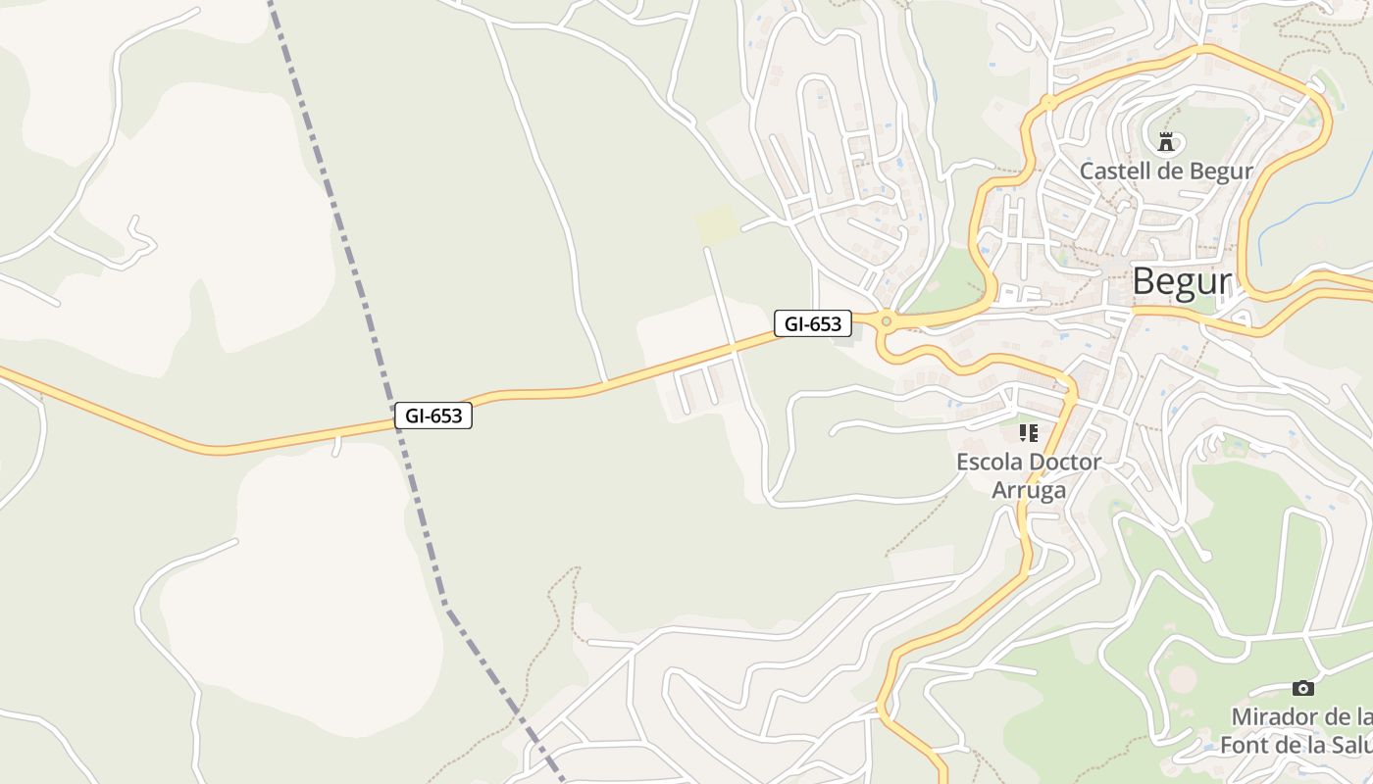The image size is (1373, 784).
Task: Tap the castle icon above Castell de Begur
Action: [x=1166, y=142]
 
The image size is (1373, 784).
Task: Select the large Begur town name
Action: [x=1181, y=281]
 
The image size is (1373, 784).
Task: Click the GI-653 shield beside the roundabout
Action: [x=812, y=323]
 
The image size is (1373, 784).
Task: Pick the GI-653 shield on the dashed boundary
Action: [x=432, y=416]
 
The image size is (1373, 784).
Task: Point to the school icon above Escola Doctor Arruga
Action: [x=1028, y=432]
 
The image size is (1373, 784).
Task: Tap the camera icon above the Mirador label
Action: [x=1302, y=688]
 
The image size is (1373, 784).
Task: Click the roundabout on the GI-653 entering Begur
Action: [x=886, y=320]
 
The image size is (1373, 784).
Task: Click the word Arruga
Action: [x=1029, y=490]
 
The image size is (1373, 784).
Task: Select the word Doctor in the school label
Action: [x=1063, y=462]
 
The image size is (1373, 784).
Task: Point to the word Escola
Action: [x=989, y=462]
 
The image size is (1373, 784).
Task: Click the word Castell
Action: [x=1112, y=171]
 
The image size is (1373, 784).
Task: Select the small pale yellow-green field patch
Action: [x=716, y=223]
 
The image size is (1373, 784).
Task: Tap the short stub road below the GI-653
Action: [x=336, y=446]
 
